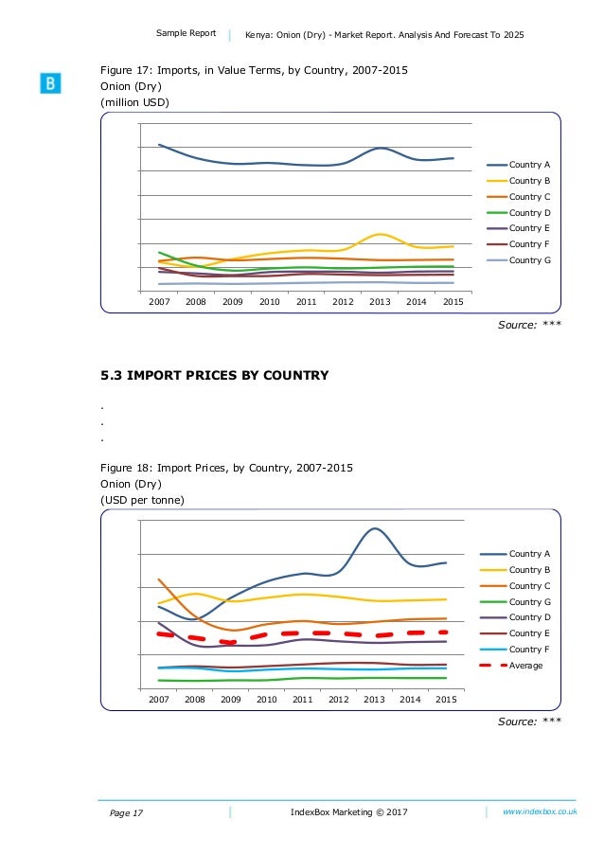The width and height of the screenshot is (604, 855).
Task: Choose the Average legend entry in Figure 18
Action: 525,666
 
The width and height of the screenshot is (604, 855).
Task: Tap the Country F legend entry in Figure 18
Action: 525,650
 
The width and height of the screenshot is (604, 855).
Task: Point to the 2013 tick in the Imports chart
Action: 380,301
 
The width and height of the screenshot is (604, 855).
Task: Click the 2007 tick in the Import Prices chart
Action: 158,699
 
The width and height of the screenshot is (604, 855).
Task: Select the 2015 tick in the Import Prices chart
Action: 446,699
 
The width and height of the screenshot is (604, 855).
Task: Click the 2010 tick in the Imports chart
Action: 269,301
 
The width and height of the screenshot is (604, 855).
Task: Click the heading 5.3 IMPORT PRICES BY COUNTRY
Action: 215,376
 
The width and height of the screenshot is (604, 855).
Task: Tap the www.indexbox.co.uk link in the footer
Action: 540,812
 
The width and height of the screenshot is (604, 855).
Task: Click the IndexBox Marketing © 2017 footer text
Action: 349,812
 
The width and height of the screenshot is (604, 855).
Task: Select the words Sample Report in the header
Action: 187,34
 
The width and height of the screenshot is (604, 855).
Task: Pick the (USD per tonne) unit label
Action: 143,500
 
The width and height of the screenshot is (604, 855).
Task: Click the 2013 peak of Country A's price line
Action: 375,528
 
